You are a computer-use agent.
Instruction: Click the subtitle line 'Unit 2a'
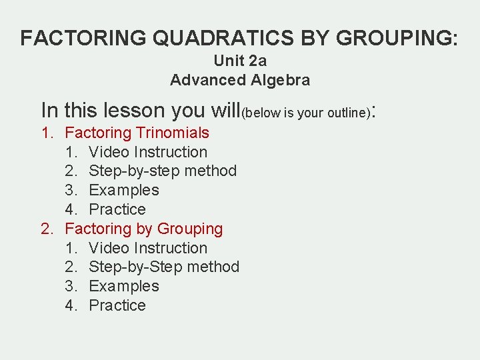coord(240,61)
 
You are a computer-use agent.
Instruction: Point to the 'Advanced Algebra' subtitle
coord(240,80)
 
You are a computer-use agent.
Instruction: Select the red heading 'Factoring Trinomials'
coord(137,133)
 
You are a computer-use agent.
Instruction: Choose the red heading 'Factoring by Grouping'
coord(143,229)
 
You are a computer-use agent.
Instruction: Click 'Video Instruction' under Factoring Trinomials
coord(147,152)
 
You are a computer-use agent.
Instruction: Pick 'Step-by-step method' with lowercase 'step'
coord(162,171)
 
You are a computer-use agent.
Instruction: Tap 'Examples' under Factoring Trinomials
coord(123,190)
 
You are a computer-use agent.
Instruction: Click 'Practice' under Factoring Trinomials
coord(117,209)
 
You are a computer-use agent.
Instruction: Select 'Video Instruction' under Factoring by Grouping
coord(147,248)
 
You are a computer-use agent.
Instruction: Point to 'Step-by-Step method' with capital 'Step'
coord(163,267)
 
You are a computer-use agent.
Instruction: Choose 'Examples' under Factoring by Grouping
coord(123,286)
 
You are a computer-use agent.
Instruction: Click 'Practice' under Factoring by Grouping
coord(117,305)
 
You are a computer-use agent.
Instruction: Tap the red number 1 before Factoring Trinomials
coord(46,133)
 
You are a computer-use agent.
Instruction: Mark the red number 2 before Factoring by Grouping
coord(46,229)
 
